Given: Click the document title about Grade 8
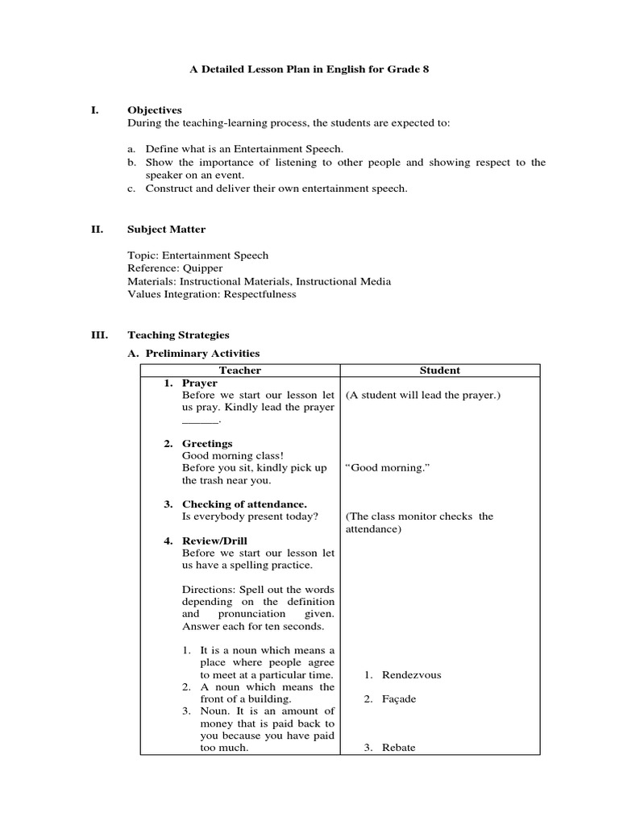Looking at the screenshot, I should pos(309,69).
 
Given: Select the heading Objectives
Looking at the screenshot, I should pos(155,110).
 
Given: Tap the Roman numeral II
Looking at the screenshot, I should pos(96,230).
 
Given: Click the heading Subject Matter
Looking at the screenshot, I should pos(166,230).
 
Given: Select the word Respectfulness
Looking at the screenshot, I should pos(255,294).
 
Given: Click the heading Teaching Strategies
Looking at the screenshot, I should pos(178,335).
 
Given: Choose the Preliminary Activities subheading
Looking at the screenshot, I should pos(202,354).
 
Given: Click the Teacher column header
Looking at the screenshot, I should pos(240,371).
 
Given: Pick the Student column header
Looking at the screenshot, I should pos(440,371).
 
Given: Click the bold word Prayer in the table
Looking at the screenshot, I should pos(199,383).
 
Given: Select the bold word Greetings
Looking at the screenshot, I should pos(207,444).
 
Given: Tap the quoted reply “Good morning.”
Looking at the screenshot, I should pos(385,468).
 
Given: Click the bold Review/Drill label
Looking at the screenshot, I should pos(214,541).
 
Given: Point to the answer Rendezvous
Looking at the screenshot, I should pos(411,675).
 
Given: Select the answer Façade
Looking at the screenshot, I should pos(399,699).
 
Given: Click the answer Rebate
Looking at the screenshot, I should pos(398,748).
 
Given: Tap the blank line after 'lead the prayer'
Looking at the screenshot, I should pos(200,421).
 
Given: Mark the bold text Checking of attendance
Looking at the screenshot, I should pos(244,504).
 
